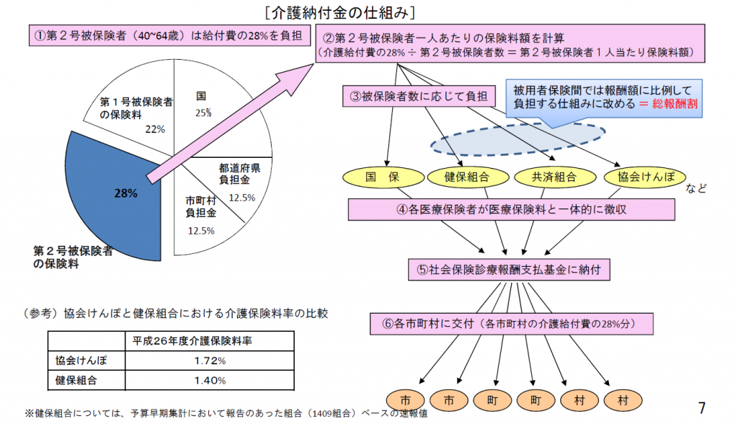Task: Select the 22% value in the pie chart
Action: tap(155, 129)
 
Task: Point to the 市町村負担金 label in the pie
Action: tap(201, 207)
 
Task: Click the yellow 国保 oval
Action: tap(383, 177)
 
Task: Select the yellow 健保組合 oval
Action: tap(468, 177)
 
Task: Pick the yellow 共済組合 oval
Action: tap(555, 177)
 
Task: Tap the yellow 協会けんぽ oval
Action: tap(645, 177)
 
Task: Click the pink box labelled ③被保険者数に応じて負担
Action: tap(419, 96)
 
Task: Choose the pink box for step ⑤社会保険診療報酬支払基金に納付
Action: tap(509, 270)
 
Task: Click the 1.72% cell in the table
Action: tap(210, 361)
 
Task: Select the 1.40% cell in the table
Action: tap(210, 381)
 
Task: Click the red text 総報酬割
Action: tap(675, 104)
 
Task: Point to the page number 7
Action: tap(702, 407)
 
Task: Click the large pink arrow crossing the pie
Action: tap(230, 123)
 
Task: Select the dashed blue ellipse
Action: tap(517, 139)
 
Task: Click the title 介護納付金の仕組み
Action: tap(340, 13)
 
